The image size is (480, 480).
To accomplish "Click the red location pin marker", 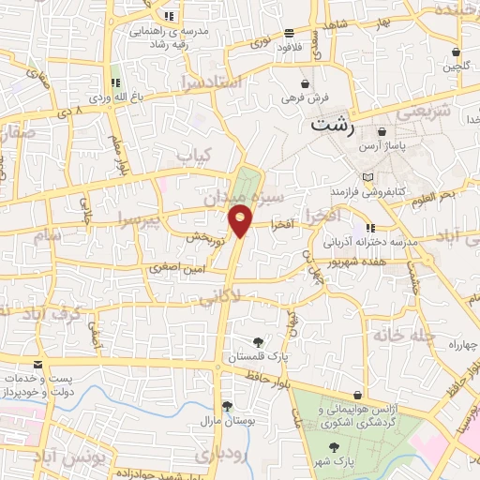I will pyautogui.click(x=241, y=220).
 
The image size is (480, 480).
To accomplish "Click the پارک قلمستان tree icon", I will pyautogui.click(x=259, y=341).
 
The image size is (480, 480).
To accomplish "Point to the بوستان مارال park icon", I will pyautogui.click(x=227, y=406).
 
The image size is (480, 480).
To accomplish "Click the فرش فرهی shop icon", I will pyautogui.click(x=305, y=82).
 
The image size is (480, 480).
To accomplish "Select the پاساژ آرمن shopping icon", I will pyautogui.click(x=382, y=132).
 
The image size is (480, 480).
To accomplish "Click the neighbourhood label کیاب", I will pyautogui.click(x=196, y=154).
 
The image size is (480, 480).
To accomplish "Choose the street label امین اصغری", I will pyautogui.click(x=172, y=268).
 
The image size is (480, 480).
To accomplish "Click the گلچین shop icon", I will pyautogui.click(x=456, y=52).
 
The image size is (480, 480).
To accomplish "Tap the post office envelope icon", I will pyautogui.click(x=37, y=364).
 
